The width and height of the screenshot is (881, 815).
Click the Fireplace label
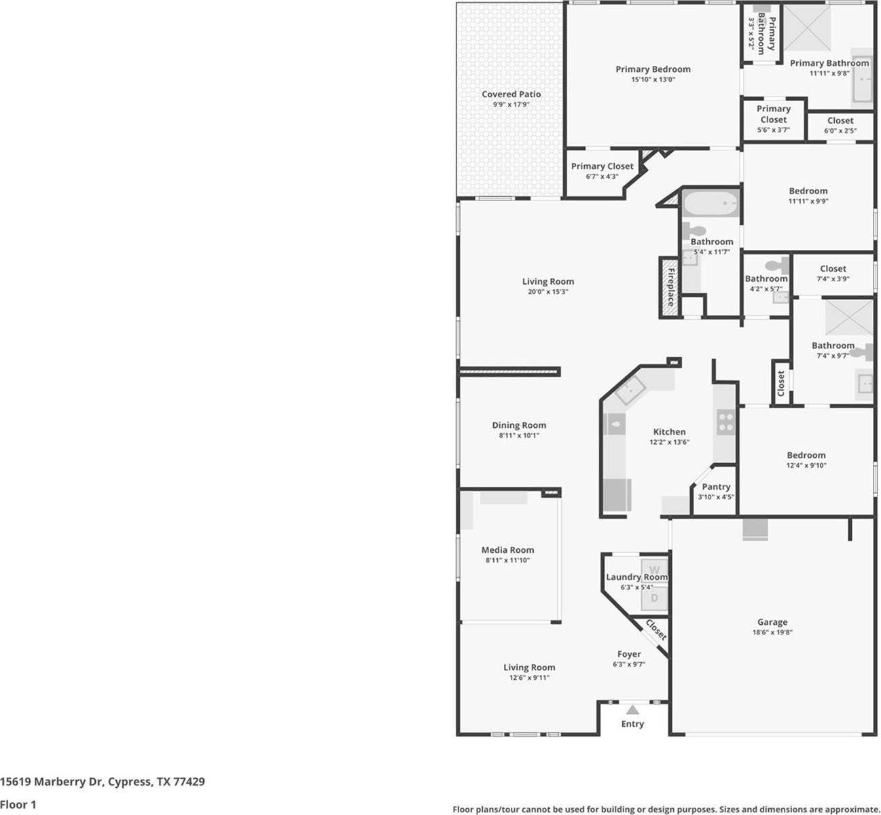point(670,287)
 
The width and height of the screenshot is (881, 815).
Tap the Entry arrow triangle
point(632,710)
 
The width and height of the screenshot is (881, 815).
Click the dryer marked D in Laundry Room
point(655,598)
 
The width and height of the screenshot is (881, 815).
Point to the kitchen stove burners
point(725,422)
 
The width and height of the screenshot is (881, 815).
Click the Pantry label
point(716,486)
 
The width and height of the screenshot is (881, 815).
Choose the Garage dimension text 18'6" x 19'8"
point(772,632)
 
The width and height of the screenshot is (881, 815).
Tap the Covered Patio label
point(511,94)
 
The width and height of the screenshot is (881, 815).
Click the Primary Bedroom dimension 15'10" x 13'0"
point(653,79)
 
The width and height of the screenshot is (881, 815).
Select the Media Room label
point(507,550)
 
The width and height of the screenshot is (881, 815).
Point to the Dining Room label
point(519,425)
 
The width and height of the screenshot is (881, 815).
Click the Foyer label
point(629,654)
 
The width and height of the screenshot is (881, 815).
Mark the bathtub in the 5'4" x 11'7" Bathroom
point(710,204)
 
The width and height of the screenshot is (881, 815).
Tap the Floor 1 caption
point(18,805)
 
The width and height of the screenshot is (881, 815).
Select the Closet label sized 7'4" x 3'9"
point(833,268)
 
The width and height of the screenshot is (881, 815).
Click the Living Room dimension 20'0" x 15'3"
point(547,292)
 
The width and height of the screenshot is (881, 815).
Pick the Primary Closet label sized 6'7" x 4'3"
point(602,166)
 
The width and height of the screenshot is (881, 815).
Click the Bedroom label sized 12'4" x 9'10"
point(806,455)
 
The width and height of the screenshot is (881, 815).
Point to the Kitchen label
point(669,431)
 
